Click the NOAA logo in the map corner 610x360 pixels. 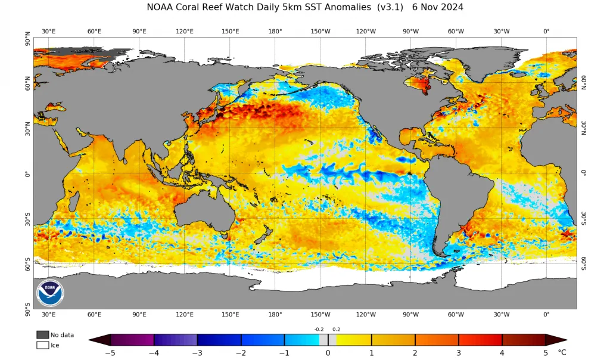(50, 293)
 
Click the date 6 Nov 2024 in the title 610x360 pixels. (438, 7)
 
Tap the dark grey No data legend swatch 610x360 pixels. (43, 335)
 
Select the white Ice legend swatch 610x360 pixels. (43, 345)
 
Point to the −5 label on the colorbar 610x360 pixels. (110, 353)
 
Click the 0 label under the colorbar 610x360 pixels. (328, 353)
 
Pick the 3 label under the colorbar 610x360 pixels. (459, 353)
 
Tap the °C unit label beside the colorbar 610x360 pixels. (562, 352)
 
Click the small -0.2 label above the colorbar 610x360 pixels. (319, 329)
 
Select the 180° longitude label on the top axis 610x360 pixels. (275, 31)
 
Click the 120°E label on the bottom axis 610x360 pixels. (185, 315)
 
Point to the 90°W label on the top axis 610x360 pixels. (410, 31)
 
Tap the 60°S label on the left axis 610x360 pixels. (27, 265)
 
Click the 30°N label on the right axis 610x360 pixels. (584, 128)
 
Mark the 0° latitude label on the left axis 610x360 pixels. (27, 174)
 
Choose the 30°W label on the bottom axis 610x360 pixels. (502, 315)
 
